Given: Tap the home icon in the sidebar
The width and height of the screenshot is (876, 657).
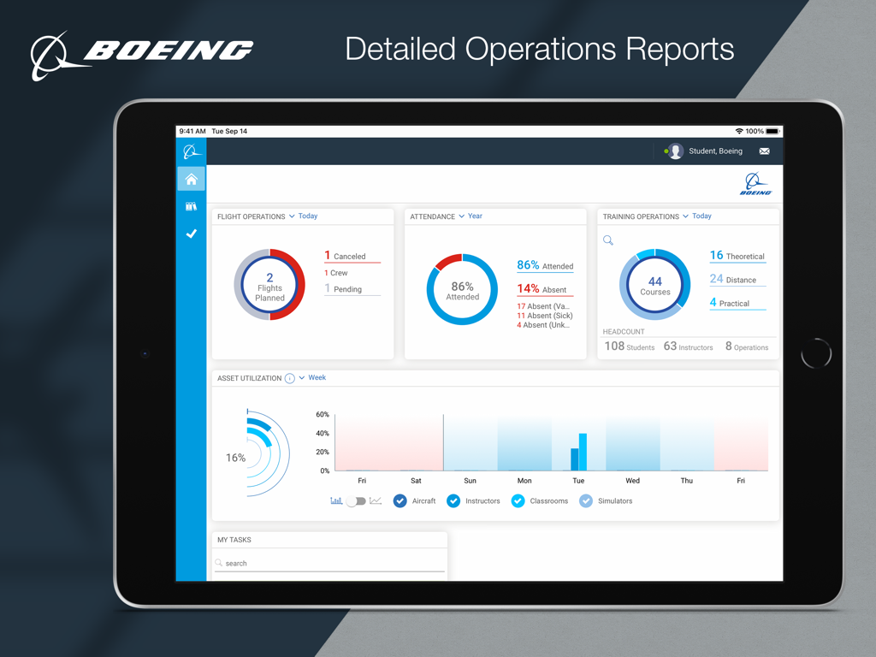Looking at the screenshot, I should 191,179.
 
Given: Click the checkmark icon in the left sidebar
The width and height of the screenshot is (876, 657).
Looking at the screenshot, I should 191,234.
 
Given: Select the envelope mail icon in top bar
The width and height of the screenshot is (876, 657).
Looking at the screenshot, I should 764,151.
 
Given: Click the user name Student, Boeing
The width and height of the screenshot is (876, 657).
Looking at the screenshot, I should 715,151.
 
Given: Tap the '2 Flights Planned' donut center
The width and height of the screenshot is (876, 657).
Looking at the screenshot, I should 269,286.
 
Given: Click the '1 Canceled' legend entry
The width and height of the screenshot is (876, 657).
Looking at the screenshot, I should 346,256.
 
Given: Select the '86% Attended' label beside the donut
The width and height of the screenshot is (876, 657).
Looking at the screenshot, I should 545,266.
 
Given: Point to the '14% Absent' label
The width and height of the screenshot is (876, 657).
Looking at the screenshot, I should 542,289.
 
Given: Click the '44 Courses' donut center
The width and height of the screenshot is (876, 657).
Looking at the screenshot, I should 654,285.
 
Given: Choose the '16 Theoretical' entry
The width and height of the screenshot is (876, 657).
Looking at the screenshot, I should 737,256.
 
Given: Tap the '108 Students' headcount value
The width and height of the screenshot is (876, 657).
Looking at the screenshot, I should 629,346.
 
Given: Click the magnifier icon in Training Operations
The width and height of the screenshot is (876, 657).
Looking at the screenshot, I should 608,241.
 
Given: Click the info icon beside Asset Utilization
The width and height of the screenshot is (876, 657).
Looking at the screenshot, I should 289,378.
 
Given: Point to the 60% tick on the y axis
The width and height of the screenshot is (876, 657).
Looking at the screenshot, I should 323,415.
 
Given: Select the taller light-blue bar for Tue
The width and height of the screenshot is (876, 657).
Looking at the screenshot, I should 583,452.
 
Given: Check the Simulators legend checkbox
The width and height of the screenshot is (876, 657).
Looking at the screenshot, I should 586,501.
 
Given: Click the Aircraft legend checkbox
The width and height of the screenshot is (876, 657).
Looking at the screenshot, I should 400,501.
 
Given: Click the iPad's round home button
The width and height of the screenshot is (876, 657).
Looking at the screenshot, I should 815,353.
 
